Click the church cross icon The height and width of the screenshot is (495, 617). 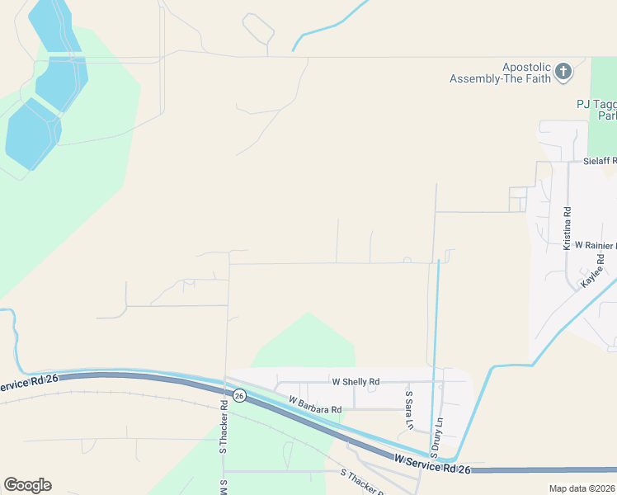coord(563,72)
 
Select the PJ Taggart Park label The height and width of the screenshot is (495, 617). coord(596,110)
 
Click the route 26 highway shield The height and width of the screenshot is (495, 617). coord(239,396)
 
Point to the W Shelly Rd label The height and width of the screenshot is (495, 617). coord(356,382)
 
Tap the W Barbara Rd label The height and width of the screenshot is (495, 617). coord(314,404)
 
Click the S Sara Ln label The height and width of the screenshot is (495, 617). coord(408,411)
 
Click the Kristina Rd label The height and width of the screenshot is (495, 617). coord(568,229)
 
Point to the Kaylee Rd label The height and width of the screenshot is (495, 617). coord(593,270)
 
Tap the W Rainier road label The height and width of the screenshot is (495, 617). coord(595,246)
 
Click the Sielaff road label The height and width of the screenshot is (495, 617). coord(600,162)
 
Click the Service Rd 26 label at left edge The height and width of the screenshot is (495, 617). coord(29,383)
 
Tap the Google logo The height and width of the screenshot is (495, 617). coord(27,485)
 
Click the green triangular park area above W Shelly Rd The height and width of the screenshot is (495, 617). coord(308,342)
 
